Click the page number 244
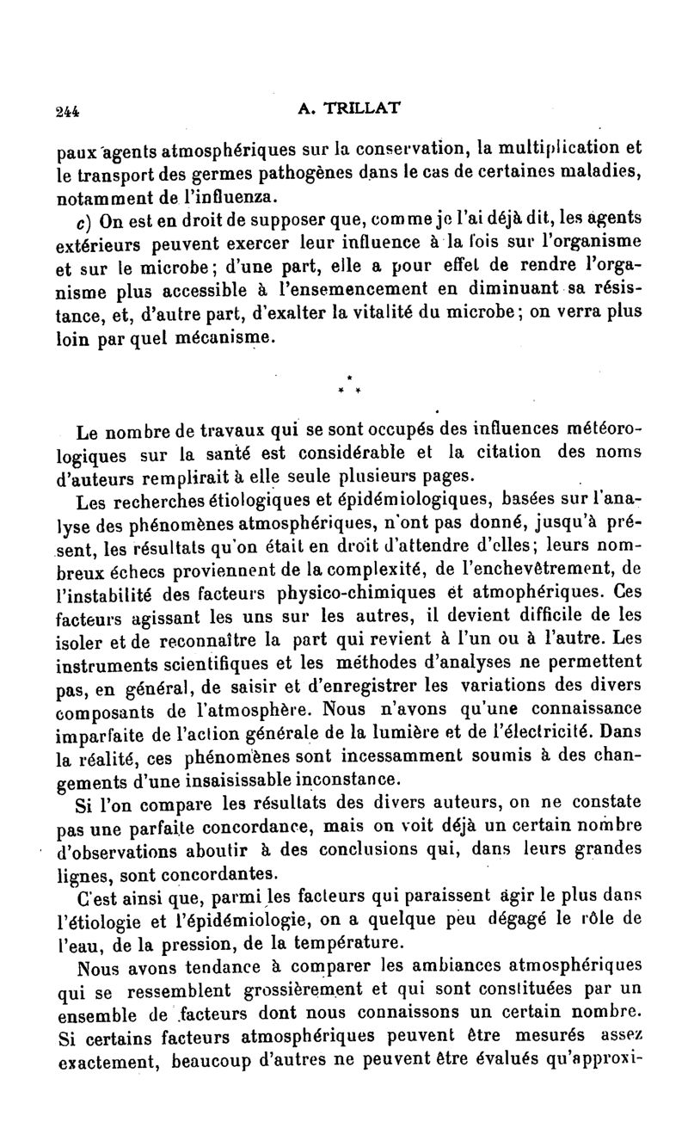[x=65, y=110]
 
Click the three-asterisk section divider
[x=347, y=385]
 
